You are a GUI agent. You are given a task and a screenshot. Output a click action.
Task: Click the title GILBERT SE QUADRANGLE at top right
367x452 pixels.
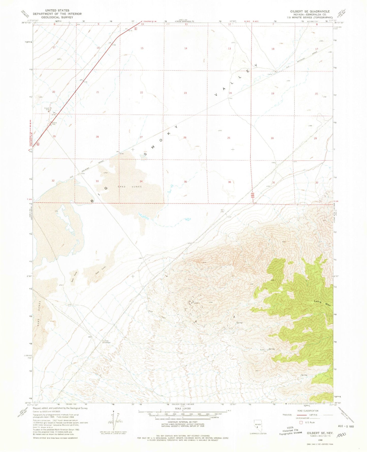tap(310, 11)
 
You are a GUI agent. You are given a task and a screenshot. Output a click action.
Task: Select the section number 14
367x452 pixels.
tap(186, 48)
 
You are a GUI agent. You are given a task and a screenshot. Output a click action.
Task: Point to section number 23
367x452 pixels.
tap(185, 93)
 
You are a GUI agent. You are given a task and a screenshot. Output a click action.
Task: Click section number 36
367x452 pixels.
tap(229, 182)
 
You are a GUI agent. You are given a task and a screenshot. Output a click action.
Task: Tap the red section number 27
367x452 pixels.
tap(141, 137)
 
